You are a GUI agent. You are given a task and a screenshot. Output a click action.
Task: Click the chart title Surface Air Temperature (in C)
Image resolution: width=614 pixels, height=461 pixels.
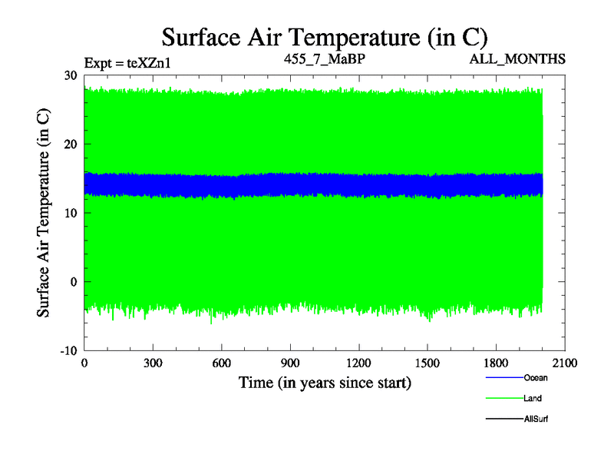(x=324, y=36)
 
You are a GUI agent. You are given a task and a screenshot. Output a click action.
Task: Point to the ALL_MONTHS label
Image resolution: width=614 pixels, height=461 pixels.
(x=519, y=58)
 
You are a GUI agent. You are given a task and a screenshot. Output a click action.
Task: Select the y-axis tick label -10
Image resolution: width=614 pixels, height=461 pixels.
(x=69, y=350)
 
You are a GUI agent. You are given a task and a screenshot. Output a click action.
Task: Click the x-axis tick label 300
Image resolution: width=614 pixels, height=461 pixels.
(x=153, y=363)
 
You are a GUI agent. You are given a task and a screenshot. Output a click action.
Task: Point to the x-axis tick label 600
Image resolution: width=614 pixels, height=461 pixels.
(x=221, y=363)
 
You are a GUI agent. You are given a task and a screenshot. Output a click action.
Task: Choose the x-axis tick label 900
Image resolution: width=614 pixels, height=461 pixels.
(x=290, y=363)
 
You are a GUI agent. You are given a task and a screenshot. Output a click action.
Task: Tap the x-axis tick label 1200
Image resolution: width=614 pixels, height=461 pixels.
(x=358, y=363)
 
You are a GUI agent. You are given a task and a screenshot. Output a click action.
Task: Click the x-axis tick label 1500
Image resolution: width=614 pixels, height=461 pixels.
(x=427, y=363)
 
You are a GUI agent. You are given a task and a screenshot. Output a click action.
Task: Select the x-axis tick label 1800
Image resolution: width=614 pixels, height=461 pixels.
(x=496, y=363)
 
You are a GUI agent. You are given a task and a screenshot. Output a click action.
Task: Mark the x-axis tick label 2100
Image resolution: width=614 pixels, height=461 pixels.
(x=565, y=363)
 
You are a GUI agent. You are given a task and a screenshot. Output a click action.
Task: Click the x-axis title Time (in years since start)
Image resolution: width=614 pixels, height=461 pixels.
(x=325, y=382)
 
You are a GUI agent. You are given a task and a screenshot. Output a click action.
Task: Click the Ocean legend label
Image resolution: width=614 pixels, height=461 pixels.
(x=536, y=378)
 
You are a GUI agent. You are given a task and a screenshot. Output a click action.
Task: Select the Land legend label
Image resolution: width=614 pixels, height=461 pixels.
(x=533, y=399)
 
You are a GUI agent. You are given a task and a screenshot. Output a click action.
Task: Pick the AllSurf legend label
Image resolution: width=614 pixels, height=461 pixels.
(x=536, y=420)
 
